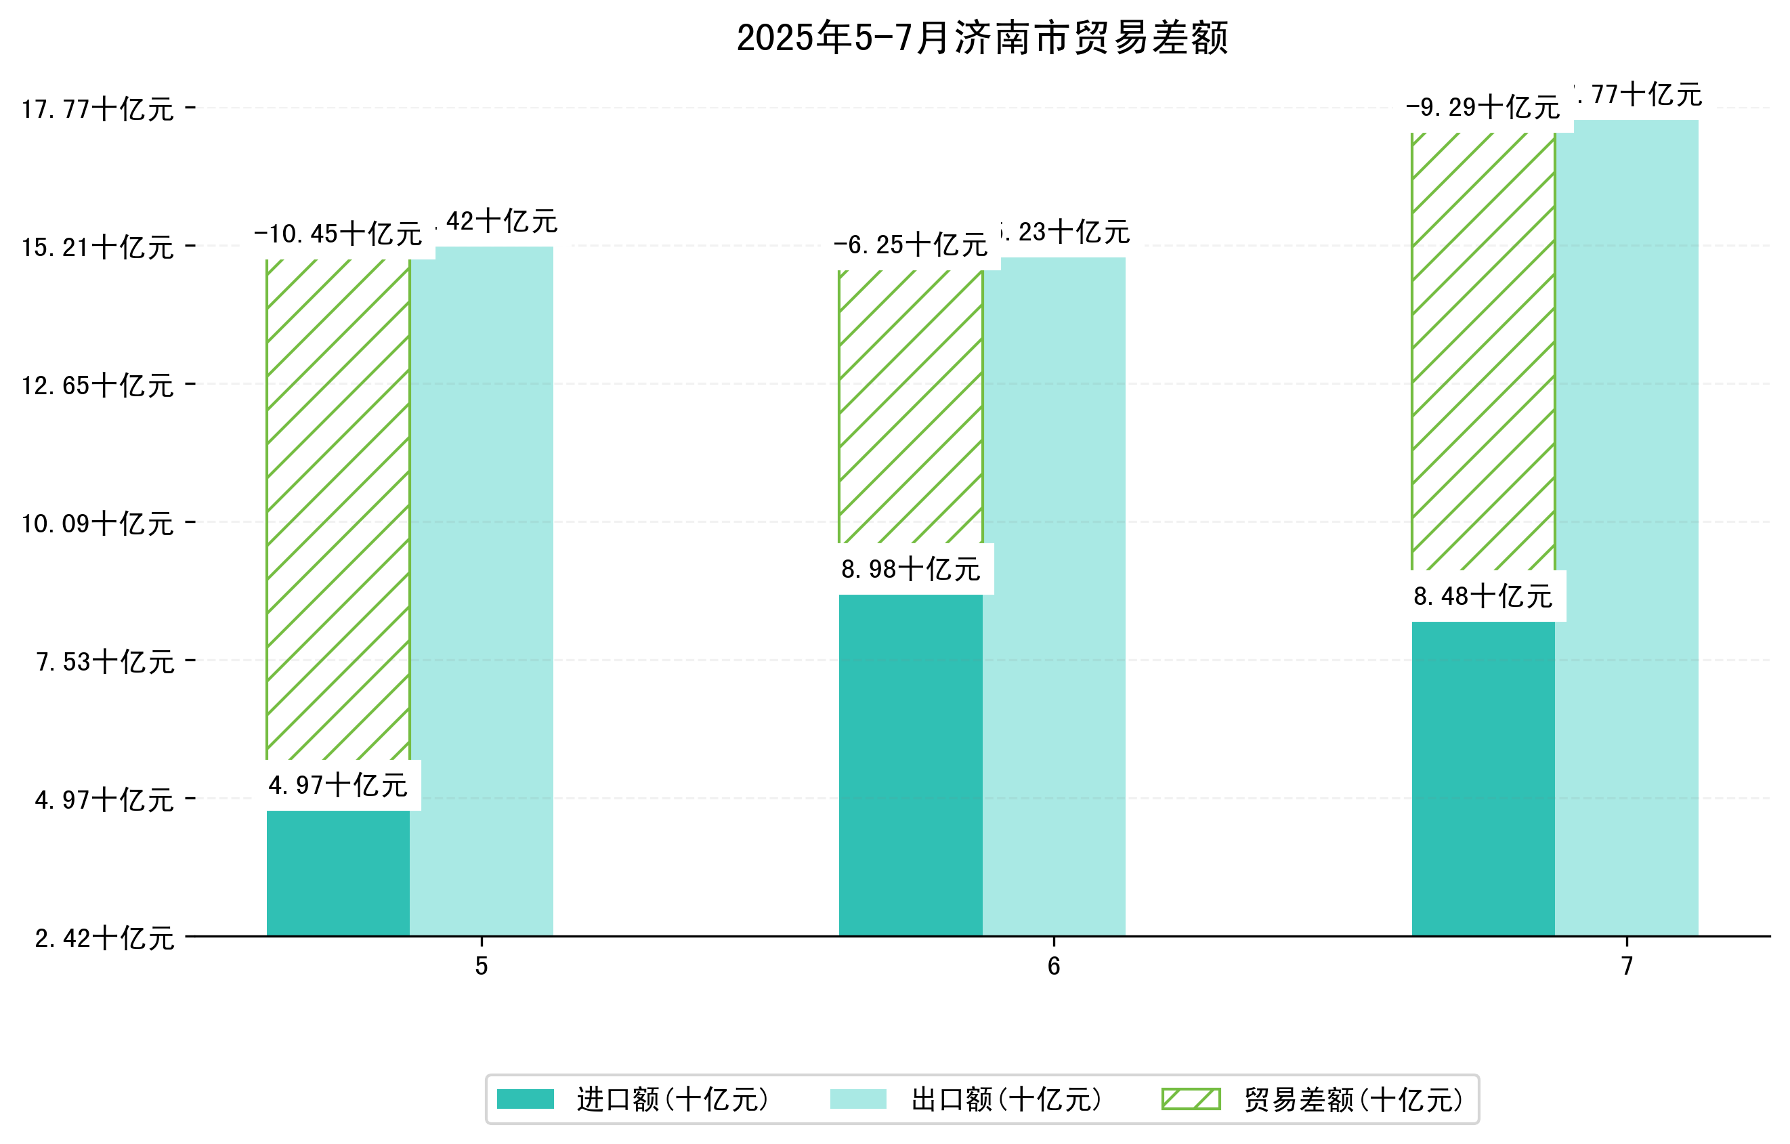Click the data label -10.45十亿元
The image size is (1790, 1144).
(337, 234)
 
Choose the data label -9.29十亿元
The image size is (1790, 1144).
(1483, 108)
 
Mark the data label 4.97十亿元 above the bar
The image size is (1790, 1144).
(337, 785)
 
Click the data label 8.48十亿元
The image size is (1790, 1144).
(1483, 596)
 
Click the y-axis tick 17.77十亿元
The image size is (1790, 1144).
(98, 109)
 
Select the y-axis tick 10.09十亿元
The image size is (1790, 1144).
(98, 524)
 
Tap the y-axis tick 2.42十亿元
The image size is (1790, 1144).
(104, 938)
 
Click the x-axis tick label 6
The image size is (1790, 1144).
(1053, 966)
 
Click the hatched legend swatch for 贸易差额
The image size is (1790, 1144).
(1191, 1099)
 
